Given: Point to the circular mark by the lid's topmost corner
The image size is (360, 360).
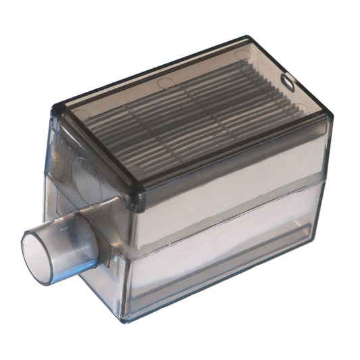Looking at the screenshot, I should (241, 53).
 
